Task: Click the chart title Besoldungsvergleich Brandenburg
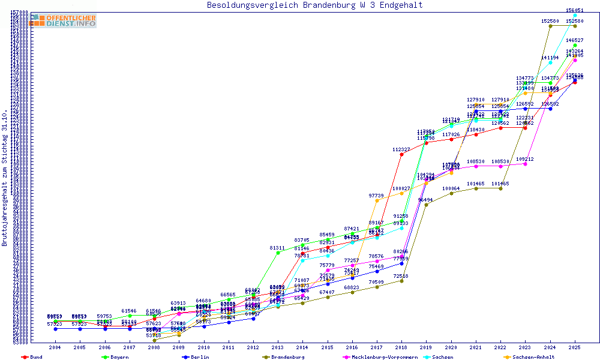pyautogui.click(x=314, y=5)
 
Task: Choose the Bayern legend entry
pyautogui.click(x=118, y=357)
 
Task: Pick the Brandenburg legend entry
pyautogui.click(x=287, y=357)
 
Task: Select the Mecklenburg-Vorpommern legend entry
pyautogui.click(x=382, y=357)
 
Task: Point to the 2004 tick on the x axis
pyautogui.click(x=55, y=347)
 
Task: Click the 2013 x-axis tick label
pyautogui.click(x=278, y=347)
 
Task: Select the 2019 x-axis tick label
pyautogui.click(x=426, y=347)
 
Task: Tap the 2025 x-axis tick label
pyautogui.click(x=575, y=347)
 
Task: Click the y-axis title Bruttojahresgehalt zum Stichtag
pyautogui.click(x=5, y=178)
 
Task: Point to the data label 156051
pyautogui.click(x=575, y=10)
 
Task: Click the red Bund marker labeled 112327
pyautogui.click(x=401, y=154)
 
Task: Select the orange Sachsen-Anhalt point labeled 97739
pyautogui.click(x=377, y=200)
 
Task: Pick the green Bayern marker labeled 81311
pyautogui.click(x=278, y=253)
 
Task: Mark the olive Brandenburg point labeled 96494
pyautogui.click(x=426, y=205)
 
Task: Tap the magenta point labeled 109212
pyautogui.click(x=525, y=164)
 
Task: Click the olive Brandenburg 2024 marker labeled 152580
pyautogui.click(x=550, y=26)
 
